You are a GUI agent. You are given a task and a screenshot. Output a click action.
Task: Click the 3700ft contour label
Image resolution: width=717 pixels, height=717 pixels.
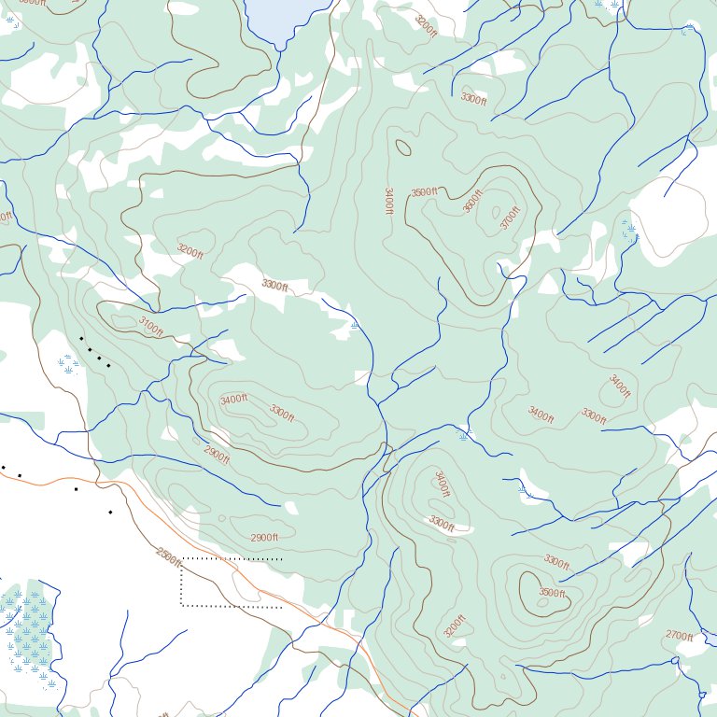coord(509,218)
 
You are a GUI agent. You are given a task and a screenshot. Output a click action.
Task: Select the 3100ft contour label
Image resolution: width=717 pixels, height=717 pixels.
coord(150,326)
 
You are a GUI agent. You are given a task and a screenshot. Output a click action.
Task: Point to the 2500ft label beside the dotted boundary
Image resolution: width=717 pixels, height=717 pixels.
coord(169,557)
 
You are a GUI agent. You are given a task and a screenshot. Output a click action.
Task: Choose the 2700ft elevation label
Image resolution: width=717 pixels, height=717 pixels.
coord(679,636)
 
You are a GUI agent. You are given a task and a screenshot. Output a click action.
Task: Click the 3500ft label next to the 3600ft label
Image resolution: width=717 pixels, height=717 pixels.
coord(425,192)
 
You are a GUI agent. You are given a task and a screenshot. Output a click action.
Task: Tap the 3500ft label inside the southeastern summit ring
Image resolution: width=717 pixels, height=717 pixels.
coord(552,593)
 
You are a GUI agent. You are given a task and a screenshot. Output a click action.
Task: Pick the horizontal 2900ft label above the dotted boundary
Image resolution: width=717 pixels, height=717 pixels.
coord(264,538)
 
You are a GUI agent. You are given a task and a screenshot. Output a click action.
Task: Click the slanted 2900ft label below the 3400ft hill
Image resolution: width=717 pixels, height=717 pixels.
coord(217,456)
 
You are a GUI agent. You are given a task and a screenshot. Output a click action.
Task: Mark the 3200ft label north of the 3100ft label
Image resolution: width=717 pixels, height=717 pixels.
coord(190,251)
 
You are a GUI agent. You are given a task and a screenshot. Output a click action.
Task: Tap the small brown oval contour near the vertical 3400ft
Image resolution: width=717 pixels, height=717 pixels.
coord(403,148)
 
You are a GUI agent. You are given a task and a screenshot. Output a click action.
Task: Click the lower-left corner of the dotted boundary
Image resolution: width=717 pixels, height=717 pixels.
coord(181,606)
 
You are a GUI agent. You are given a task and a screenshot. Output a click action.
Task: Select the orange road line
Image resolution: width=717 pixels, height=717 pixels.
coord(280,597)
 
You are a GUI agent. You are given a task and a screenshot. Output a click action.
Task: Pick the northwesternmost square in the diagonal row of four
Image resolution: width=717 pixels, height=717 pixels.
coord(81,338)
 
